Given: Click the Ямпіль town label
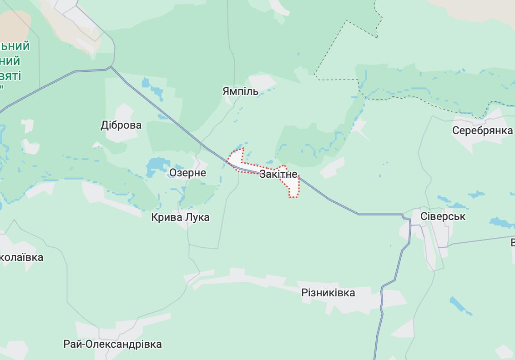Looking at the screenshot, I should point(240,91).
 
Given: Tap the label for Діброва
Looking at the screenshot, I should point(121,125).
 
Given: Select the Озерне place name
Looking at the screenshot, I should point(187,173).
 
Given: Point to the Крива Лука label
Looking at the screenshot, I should point(180,217).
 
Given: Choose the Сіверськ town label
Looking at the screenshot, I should point(443,216).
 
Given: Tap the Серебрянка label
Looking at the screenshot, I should point(482,130).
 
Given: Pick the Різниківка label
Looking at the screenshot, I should point(328,293).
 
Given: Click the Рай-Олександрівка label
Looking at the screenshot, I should point(112,344).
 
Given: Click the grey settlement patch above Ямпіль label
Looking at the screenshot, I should point(262,81).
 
